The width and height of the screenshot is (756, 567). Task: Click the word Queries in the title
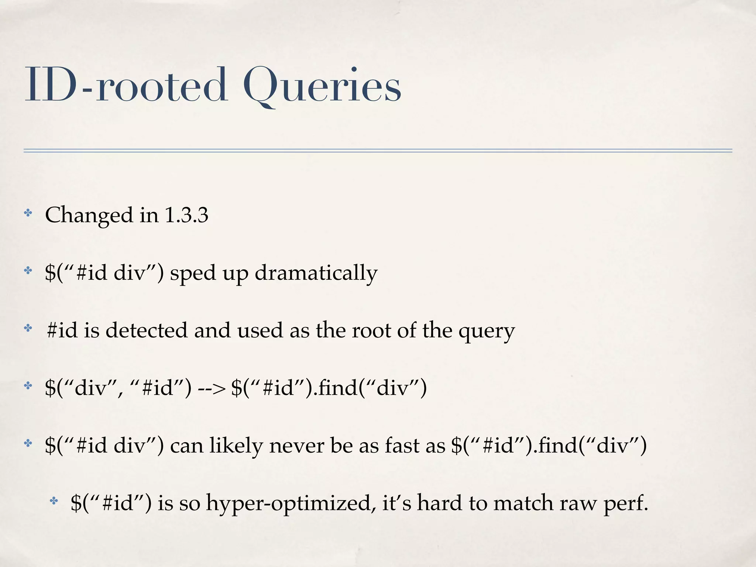click(x=322, y=86)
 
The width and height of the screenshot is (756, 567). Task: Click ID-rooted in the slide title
click(x=126, y=86)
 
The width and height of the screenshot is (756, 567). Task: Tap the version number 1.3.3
click(x=186, y=215)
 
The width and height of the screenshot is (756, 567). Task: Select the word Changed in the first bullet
click(x=89, y=215)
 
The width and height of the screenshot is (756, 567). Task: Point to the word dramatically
click(x=316, y=273)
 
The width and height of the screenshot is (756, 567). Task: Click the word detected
click(x=147, y=330)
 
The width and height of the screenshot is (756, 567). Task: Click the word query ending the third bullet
click(x=486, y=331)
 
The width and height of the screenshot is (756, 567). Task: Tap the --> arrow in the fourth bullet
click(x=211, y=388)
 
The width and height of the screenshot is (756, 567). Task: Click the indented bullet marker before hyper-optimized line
click(x=54, y=501)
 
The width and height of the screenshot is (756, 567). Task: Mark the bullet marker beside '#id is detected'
click(x=28, y=328)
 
